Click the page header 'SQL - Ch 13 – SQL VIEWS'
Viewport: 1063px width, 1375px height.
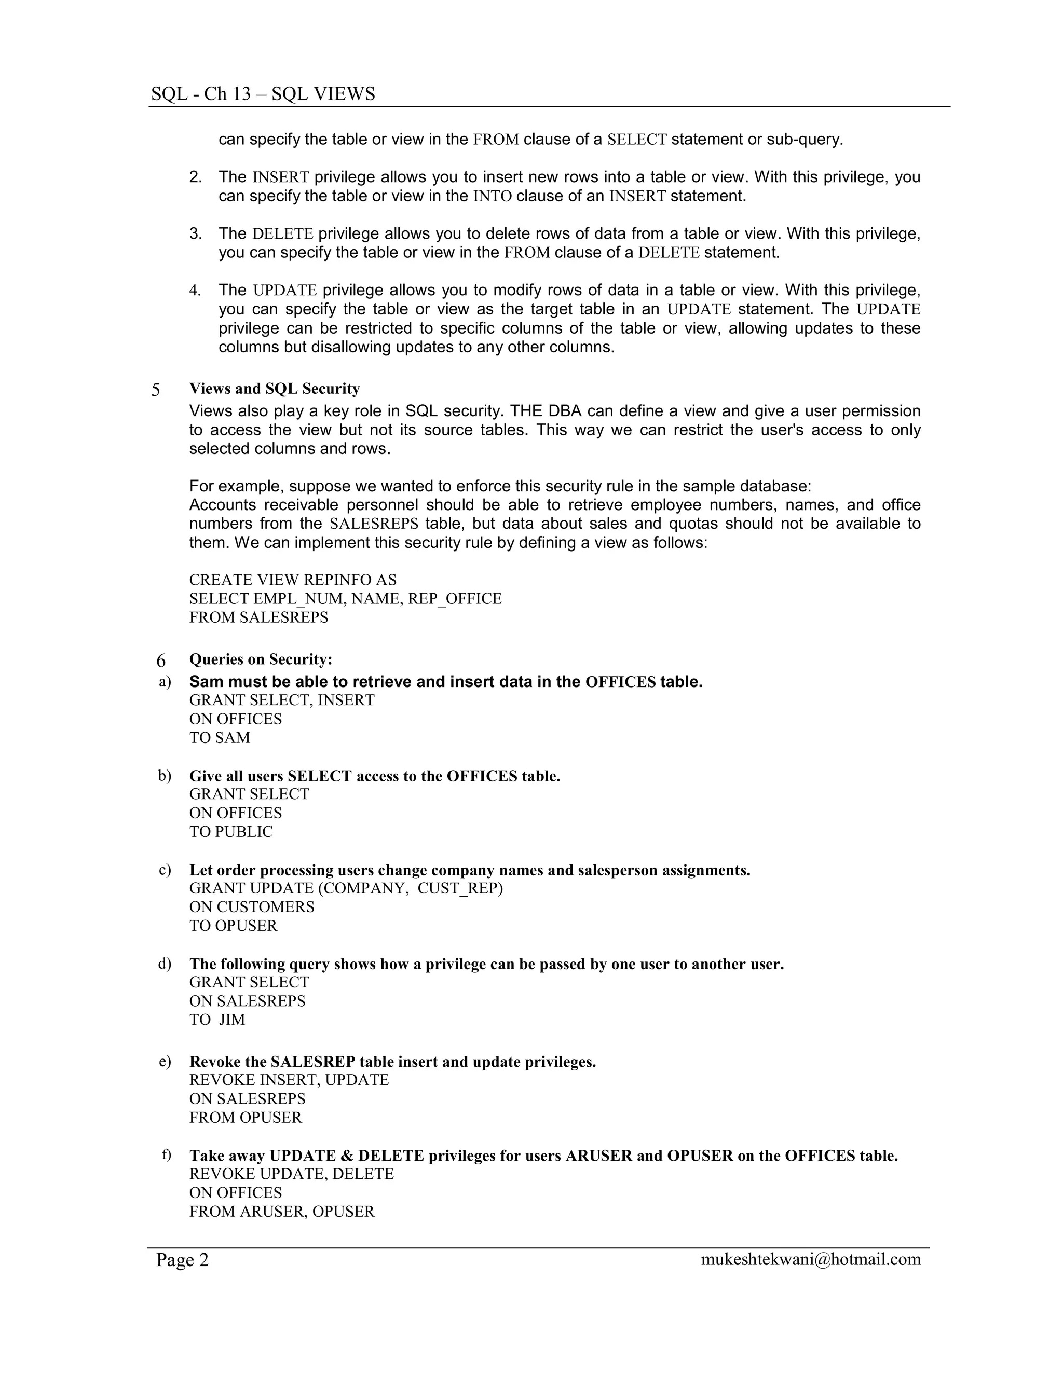coord(263,94)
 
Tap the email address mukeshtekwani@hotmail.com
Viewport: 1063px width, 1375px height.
coord(810,1259)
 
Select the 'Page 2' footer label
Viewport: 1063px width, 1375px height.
coord(182,1260)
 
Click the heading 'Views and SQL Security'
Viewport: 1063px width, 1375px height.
coord(275,389)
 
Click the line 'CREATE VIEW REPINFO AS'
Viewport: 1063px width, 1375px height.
coord(293,580)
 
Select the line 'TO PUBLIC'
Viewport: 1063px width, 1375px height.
coord(231,832)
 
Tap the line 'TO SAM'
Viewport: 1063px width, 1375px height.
coord(220,738)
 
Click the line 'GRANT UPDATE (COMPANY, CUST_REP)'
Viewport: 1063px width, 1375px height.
coord(346,888)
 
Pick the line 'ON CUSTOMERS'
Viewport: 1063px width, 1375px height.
coord(252,907)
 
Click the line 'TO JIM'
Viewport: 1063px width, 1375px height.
coord(217,1020)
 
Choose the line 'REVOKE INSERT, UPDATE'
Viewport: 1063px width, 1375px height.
coord(289,1080)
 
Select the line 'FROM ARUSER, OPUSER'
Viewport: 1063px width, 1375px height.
coord(282,1212)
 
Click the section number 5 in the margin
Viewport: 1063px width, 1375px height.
coord(156,390)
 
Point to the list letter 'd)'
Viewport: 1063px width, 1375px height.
coord(165,964)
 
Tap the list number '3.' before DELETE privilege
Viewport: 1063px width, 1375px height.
coord(196,234)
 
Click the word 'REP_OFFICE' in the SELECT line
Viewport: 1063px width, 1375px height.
coord(455,599)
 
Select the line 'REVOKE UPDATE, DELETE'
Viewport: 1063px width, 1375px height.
coord(292,1174)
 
